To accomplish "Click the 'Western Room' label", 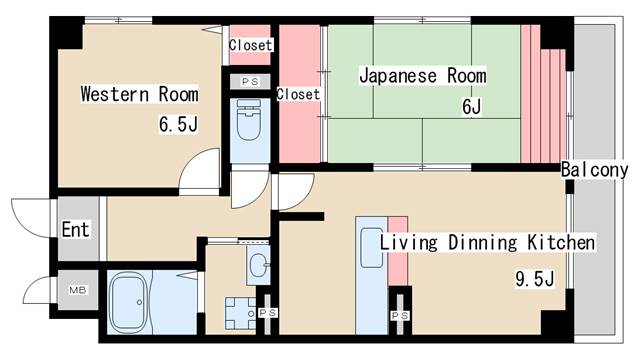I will coord(139,95).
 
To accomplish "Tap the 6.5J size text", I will coord(178,125).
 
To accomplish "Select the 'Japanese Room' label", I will coord(422,75).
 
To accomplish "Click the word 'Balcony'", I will coord(594,169).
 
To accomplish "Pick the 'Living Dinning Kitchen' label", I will coord(487,243).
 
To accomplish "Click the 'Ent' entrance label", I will coord(75,230).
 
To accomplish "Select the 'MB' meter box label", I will coord(77,291).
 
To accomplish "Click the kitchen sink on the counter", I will coord(371,249).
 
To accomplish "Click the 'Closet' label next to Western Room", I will coord(249,46).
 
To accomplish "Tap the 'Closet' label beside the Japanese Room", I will coord(298,95).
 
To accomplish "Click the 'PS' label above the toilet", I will coord(248,81).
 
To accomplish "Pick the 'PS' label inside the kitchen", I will coord(400,315).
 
